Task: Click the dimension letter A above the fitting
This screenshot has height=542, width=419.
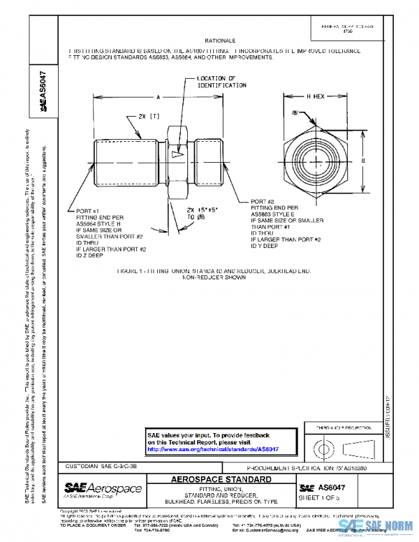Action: point(159,97)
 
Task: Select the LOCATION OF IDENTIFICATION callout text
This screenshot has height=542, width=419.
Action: point(221,82)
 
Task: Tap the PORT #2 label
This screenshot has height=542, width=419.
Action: point(263,201)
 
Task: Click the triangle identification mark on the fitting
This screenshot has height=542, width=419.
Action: point(175,153)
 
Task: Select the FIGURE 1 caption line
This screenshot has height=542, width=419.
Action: point(209,270)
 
